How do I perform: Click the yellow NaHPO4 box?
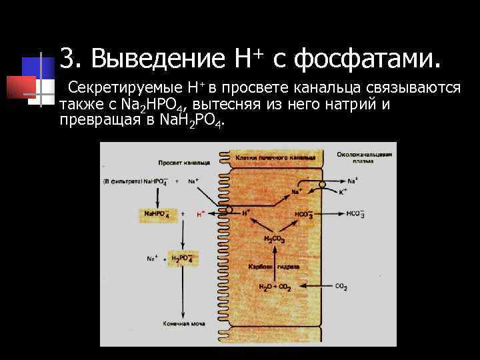tap(156, 214)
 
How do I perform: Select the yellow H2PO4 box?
tap(182, 259)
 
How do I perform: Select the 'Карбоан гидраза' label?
tap(274, 267)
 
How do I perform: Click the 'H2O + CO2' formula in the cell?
tap(275, 287)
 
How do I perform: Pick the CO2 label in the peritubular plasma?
tap(341, 287)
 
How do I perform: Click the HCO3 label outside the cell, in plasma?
tap(355, 214)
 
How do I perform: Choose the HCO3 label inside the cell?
tap(303, 214)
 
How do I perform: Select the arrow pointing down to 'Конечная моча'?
tap(182, 293)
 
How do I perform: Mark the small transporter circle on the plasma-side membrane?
tap(322, 184)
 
